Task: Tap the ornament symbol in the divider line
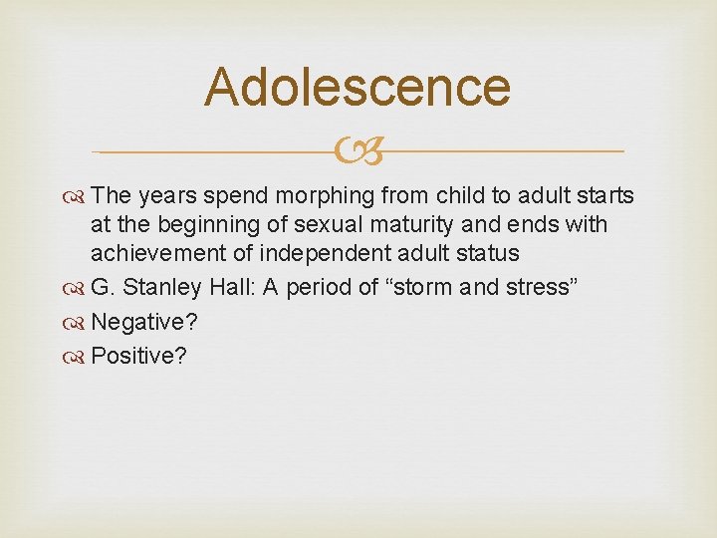coord(358,152)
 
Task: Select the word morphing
coord(324,196)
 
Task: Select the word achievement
coord(155,254)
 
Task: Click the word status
coord(483,254)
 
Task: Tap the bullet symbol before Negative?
coord(76,322)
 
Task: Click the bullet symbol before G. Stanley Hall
coord(76,288)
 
